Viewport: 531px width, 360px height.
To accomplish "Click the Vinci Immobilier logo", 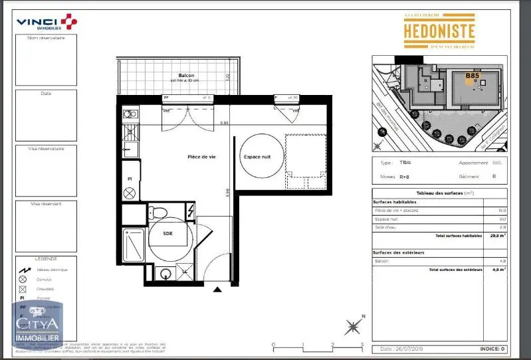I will (47, 23).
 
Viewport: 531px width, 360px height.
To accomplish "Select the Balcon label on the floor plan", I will (176, 76).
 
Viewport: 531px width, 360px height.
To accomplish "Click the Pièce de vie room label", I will (203, 157).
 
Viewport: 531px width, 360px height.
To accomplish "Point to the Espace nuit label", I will (257, 157).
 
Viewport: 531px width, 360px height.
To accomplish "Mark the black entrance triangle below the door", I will (217, 290).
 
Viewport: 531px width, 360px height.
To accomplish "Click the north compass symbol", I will (354, 326).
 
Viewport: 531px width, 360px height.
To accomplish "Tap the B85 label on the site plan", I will (472, 76).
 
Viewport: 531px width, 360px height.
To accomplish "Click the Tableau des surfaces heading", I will (440, 193).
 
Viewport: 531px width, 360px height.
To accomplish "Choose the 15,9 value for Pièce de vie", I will (502, 210).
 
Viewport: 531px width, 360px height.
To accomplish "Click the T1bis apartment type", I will (405, 163).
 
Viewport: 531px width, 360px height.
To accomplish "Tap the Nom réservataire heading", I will (46, 38).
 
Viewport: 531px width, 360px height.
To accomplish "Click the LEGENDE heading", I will (46, 258).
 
